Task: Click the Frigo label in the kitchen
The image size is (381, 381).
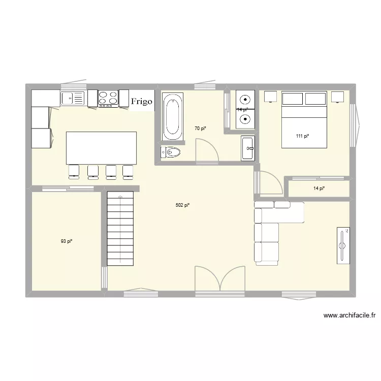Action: click(141, 101)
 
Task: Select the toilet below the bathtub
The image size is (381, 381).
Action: click(171, 152)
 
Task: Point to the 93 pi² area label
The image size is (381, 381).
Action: click(67, 241)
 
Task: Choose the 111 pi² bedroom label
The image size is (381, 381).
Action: click(303, 136)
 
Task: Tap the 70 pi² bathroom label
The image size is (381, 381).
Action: click(200, 129)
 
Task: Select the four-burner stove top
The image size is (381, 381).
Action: click(108, 98)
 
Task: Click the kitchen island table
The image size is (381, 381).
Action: click(102, 147)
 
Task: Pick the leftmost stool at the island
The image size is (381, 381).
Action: click(74, 172)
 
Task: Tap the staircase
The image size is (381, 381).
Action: click(120, 228)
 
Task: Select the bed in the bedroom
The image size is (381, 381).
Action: click(304, 120)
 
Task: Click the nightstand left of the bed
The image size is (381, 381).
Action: click(270, 97)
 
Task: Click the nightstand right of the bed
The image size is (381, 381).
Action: click(338, 97)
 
